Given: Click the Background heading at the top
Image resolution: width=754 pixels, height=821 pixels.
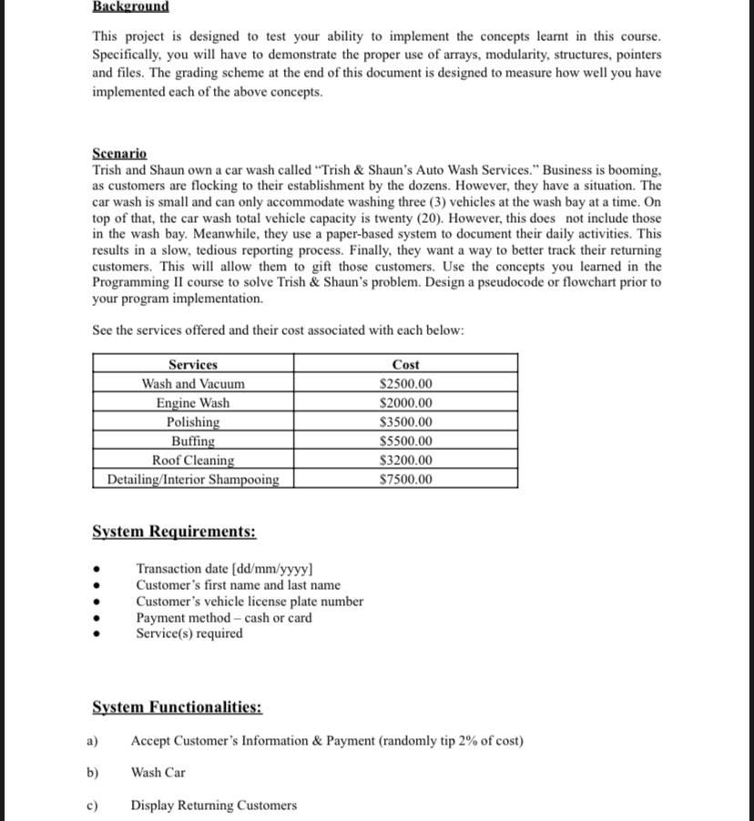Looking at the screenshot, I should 130,6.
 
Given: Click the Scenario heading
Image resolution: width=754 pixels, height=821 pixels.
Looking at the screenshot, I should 119,154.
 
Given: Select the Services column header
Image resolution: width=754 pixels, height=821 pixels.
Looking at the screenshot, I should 193,364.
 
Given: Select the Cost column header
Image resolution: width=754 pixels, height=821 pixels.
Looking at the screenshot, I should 405,364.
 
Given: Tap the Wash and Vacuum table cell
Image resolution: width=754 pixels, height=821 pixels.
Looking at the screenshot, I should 193,383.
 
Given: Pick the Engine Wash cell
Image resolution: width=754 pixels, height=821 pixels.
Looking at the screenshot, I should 193,402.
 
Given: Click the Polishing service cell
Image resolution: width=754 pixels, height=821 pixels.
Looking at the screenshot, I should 193,421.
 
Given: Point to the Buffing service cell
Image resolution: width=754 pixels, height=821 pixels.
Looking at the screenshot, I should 193,441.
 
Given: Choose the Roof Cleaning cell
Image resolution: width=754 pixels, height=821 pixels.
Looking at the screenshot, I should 193,460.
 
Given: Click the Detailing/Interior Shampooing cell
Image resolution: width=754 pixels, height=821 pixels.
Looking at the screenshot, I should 193,479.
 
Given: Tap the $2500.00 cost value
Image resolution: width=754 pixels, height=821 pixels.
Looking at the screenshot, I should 405,383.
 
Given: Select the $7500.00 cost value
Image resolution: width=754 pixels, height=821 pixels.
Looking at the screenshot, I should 405,479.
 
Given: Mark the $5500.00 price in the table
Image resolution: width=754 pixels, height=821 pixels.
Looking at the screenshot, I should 405,441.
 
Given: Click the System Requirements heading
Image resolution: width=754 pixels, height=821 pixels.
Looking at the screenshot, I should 174,532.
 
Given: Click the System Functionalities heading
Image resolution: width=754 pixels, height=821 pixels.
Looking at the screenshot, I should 178,707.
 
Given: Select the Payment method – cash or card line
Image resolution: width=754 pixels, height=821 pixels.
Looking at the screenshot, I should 223,618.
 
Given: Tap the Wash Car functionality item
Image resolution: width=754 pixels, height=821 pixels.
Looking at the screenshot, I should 158,773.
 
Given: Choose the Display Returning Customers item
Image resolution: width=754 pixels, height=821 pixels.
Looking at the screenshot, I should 213,806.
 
